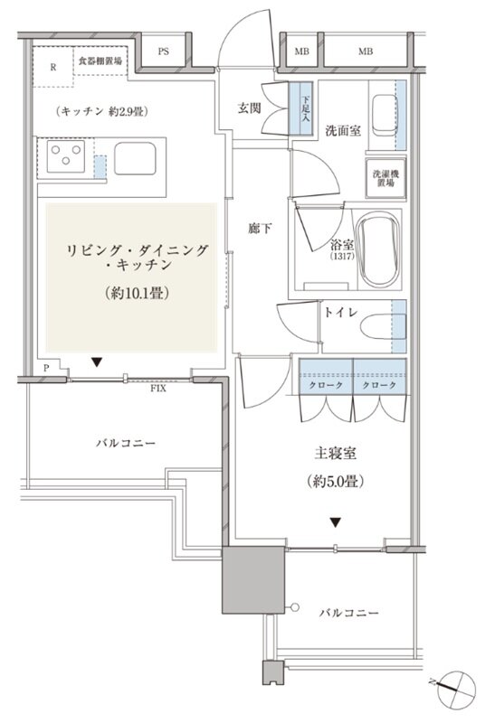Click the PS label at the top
(x=164, y=52)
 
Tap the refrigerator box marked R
(x=53, y=67)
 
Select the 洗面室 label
(x=343, y=131)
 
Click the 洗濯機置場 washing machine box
(x=385, y=176)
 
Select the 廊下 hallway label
(x=261, y=230)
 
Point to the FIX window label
(x=158, y=389)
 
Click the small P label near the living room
(x=46, y=368)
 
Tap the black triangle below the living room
(x=96, y=362)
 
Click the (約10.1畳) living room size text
(x=133, y=294)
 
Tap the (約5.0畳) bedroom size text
(x=335, y=483)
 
